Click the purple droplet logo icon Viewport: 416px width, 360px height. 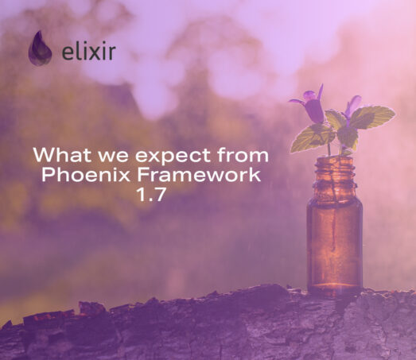point(40,48)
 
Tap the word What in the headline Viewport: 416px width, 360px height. point(63,154)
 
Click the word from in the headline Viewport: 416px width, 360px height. point(243,154)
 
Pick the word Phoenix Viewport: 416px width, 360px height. point(86,174)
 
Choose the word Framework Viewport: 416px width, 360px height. point(199,174)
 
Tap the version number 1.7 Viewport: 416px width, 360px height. point(150,195)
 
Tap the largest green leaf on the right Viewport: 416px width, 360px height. point(371,117)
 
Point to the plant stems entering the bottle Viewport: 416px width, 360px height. point(335,149)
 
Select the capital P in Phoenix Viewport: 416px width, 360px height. point(48,175)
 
